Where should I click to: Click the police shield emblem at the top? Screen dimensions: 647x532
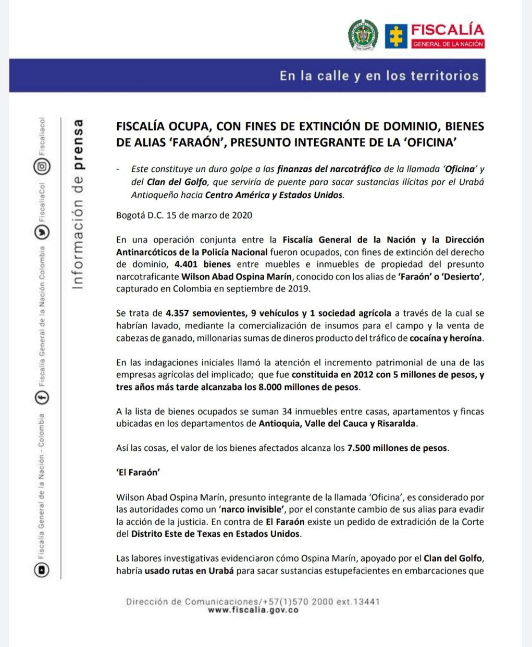[363, 35]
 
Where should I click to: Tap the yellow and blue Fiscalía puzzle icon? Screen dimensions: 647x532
[396, 35]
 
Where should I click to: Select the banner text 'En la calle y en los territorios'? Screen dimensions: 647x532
[379, 75]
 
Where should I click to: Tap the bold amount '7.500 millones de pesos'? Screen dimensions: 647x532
[397, 448]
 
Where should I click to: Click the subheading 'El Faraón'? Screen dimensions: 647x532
[137, 473]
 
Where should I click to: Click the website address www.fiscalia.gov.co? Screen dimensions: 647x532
[253, 610]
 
